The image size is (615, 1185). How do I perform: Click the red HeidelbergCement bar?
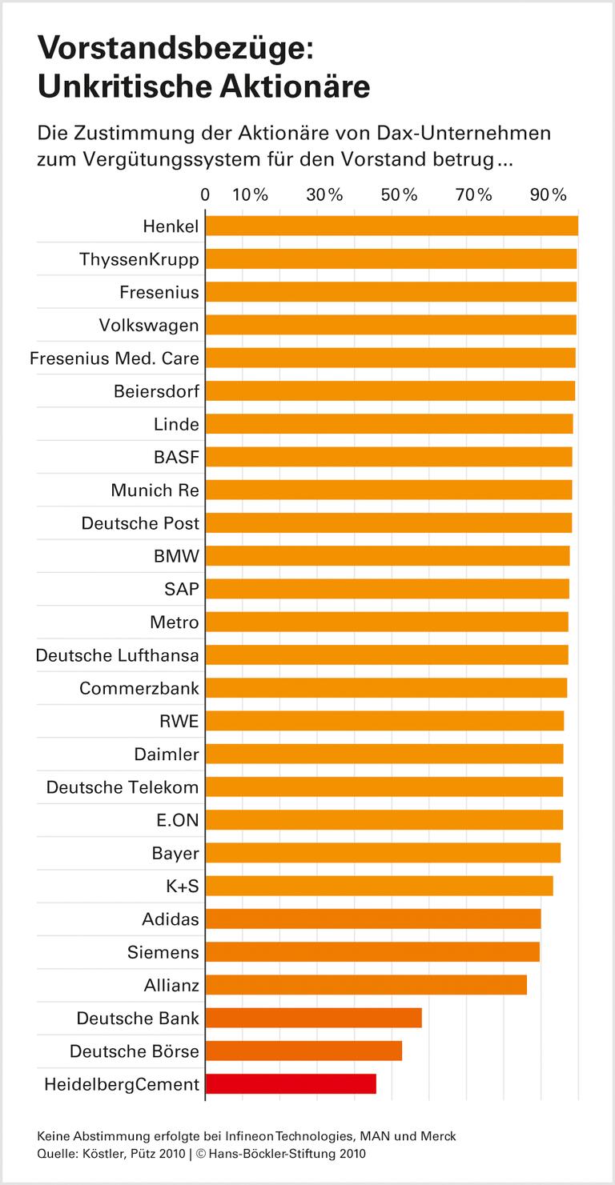pos(291,1083)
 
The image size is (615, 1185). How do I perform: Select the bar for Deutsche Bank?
pos(313,1018)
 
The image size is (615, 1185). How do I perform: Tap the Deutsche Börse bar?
pos(303,1051)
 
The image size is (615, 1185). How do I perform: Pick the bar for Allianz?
pos(366,984)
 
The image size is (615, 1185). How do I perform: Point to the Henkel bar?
pos(392,226)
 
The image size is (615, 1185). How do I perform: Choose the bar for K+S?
pos(379,886)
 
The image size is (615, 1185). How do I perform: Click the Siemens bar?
pos(372,951)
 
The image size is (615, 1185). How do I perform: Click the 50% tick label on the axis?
pos(399,194)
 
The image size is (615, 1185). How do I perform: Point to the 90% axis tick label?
pos(548,194)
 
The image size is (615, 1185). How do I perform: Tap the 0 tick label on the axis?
pos(206,194)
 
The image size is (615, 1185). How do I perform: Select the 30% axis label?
pos(324,194)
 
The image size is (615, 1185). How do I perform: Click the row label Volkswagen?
pos(149,326)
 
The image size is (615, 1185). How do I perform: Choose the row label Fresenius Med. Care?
pos(114,358)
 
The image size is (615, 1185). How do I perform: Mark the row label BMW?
pos(176,556)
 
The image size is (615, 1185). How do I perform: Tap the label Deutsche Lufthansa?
pos(117,655)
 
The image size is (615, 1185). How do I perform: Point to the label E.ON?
pos(178,820)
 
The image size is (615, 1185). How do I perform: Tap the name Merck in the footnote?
pos(439,1136)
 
